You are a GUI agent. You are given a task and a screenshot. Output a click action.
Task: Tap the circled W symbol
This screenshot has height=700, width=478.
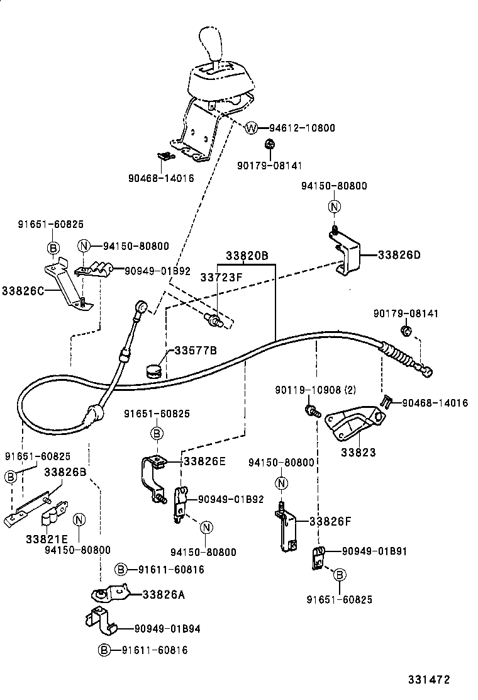point(251,128)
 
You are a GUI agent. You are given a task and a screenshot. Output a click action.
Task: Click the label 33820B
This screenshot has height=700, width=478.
point(247,256)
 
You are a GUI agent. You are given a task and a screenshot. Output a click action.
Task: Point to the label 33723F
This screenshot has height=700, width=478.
point(221,277)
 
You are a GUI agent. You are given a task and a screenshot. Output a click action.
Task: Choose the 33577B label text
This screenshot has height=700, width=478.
point(196,350)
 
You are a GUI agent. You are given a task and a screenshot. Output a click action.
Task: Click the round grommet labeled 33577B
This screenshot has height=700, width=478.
point(153,370)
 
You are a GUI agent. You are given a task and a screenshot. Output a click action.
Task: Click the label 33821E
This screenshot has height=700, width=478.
point(47,539)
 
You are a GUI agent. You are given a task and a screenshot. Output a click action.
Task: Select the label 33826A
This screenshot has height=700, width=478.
point(164,594)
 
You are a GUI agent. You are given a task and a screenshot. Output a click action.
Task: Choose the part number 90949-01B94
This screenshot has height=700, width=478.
point(167,628)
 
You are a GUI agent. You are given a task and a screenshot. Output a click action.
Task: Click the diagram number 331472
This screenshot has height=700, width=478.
point(429,680)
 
